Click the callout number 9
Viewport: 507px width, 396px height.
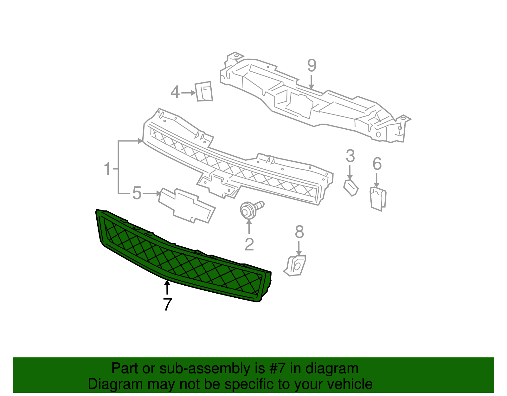(312, 66)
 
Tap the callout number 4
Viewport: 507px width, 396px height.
(175, 92)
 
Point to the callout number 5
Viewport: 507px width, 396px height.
(137, 193)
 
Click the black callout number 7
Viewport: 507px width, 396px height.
(167, 304)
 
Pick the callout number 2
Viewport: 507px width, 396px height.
(249, 244)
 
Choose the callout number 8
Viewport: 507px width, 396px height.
(299, 232)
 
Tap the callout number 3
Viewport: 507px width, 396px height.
(350, 156)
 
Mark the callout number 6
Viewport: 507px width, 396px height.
(377, 164)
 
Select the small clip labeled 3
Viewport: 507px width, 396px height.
(351, 187)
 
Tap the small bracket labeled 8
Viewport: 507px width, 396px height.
(296, 266)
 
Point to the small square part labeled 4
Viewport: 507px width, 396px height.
(203, 91)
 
